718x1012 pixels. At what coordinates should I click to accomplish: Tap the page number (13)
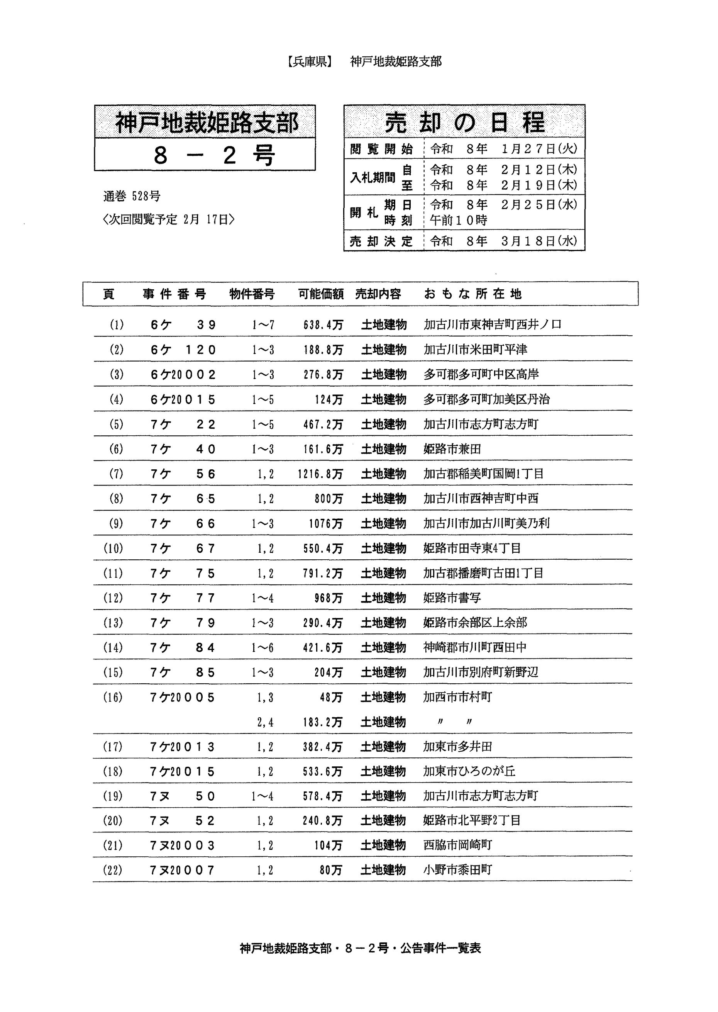tap(113, 623)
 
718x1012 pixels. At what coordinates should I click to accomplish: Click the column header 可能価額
tap(321, 294)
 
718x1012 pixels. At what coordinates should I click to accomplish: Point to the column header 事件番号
tap(174, 294)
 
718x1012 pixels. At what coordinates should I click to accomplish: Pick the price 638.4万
tap(323, 325)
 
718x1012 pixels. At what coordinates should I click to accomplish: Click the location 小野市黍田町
tap(457, 870)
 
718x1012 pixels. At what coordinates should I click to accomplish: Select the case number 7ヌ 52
tap(183, 821)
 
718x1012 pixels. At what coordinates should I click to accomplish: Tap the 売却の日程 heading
tap(464, 122)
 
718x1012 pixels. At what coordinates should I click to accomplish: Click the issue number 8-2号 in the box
tap(214, 155)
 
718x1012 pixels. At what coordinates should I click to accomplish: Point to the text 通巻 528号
tap(132, 196)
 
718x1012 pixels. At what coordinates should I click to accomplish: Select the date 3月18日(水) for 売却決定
tap(539, 241)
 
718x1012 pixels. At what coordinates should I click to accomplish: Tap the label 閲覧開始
tap(381, 149)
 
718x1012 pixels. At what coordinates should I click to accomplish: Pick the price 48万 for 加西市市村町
tap(331, 698)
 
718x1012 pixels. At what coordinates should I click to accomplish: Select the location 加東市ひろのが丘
tap(469, 771)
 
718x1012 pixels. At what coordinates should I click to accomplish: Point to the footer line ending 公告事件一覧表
tap(360, 948)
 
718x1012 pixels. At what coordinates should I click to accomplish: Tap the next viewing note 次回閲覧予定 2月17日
tap(168, 220)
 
